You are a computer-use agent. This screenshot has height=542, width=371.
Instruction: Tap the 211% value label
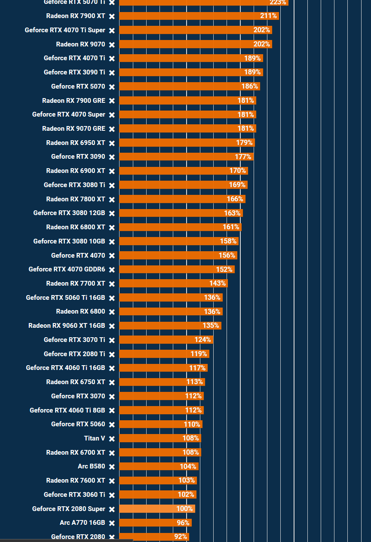coord(268,16)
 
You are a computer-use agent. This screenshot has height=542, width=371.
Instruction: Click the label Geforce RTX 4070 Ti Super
coord(65,30)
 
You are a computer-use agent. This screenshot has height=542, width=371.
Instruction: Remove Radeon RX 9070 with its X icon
coord(112,45)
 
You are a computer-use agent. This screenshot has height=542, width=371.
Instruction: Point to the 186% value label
coord(249,86)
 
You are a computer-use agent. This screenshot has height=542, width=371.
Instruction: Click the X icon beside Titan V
coord(112,439)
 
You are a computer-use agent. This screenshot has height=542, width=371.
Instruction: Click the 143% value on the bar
coord(218,283)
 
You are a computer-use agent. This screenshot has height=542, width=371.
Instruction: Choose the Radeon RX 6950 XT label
coord(76,143)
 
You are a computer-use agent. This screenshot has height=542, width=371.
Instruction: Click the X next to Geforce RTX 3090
coord(112,157)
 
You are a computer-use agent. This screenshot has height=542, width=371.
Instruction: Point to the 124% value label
coord(202,340)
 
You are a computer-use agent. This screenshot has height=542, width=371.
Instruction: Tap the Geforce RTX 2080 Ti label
coord(74,354)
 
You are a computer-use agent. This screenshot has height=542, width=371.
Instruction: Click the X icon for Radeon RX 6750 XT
coord(112,382)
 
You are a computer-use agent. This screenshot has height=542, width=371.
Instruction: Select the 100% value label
coord(184,509)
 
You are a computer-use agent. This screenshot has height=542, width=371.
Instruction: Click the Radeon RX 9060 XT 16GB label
coord(67,326)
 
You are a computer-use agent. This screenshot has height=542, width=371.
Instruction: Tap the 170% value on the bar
coord(237,171)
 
